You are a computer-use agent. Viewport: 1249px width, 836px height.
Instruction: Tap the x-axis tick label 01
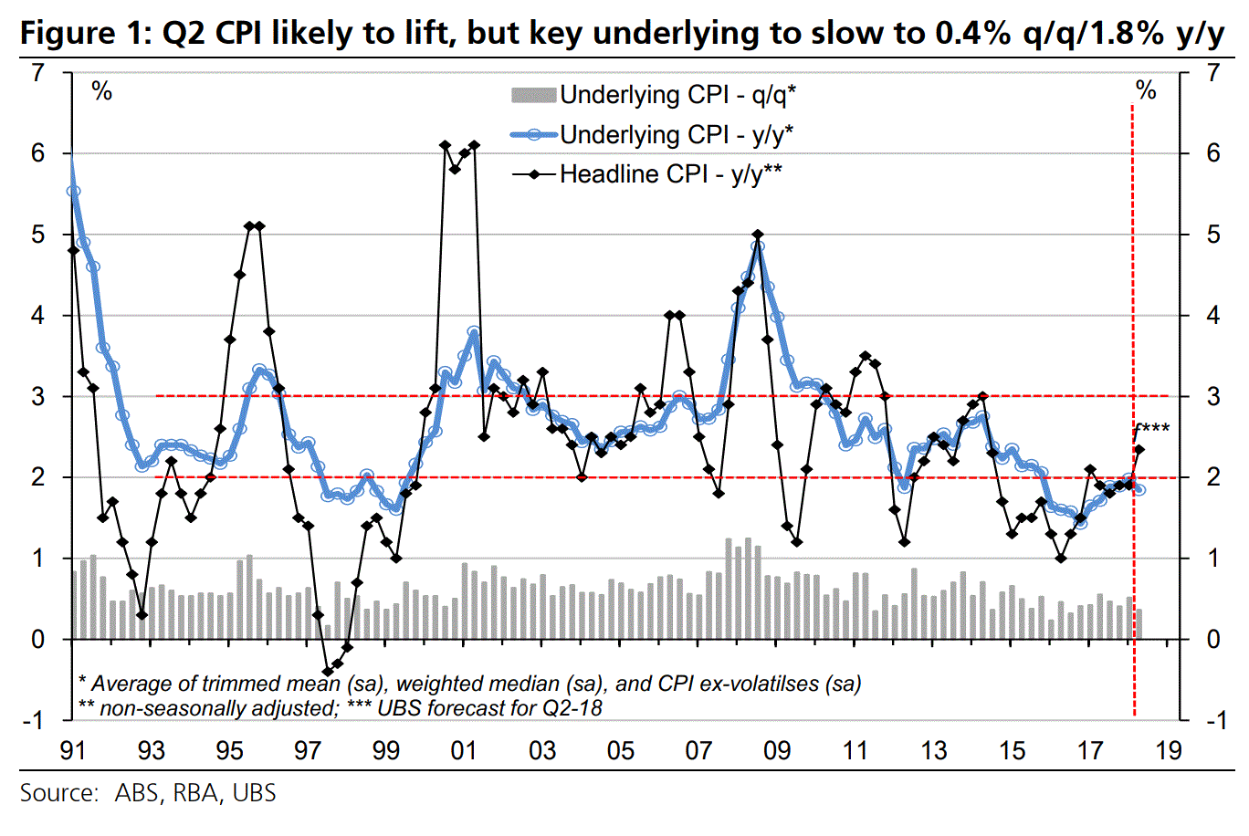tap(464, 750)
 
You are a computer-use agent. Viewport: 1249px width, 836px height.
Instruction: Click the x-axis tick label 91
tap(72, 750)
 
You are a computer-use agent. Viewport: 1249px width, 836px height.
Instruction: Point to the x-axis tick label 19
tap(1169, 750)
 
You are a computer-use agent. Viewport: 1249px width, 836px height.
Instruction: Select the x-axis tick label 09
tap(777, 750)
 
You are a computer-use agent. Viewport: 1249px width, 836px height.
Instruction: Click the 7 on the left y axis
tap(37, 72)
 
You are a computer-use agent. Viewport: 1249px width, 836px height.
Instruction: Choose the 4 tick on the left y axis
tap(37, 316)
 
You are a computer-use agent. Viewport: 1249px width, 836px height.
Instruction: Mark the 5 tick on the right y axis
tap(1212, 235)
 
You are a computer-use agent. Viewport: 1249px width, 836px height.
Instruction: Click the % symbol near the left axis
tap(101, 91)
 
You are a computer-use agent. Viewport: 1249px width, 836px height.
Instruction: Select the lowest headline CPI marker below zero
tap(328, 672)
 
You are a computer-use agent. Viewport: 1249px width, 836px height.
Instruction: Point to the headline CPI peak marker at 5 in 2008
tap(758, 235)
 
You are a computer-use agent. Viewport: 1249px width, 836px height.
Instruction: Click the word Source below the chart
tap(58, 793)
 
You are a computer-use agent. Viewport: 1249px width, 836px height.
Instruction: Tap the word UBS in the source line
tap(254, 793)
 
